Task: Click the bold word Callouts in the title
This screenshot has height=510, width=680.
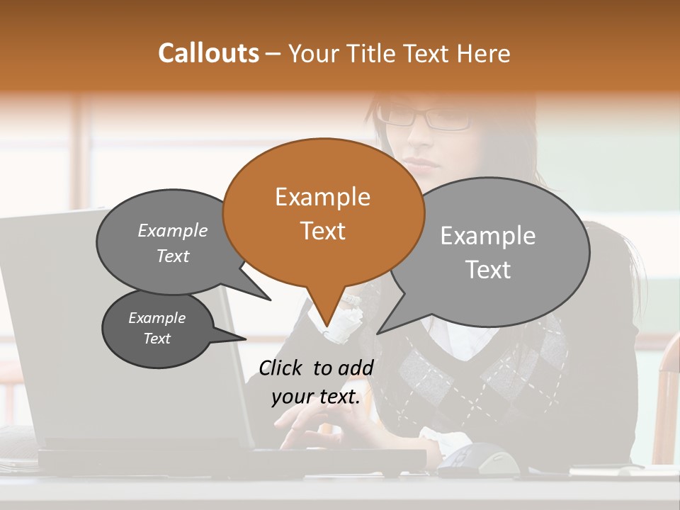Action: point(208,53)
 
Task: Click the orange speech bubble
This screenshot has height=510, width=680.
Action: point(323,212)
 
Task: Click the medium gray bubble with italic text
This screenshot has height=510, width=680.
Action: point(170,243)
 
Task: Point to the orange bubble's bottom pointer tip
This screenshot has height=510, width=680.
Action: point(327,329)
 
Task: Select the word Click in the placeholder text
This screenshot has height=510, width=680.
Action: point(282,368)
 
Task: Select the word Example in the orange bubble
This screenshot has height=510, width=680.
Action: point(323,197)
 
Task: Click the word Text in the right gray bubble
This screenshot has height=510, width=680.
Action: point(489,270)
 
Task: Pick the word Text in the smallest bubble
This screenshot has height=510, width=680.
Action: point(157,339)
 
